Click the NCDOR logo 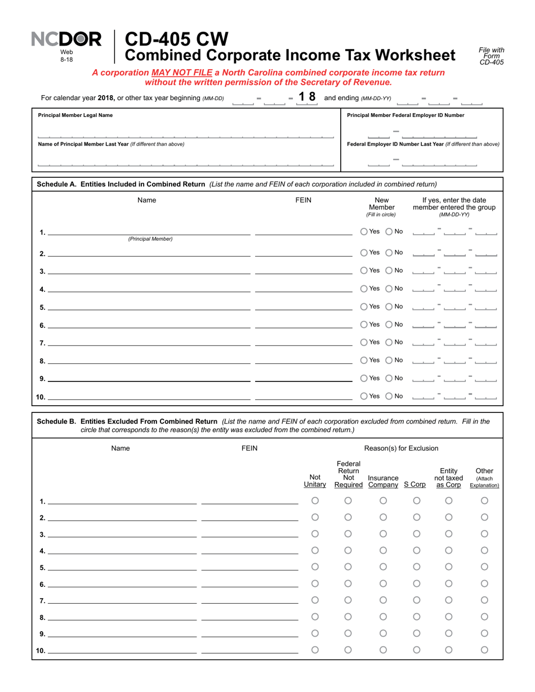pyautogui.click(x=66, y=39)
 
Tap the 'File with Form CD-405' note pyautogui.click(x=491, y=56)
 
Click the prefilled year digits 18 pyautogui.click(x=307, y=97)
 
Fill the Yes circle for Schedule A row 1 pyautogui.click(x=364, y=231)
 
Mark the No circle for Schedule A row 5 pyautogui.click(x=389, y=307)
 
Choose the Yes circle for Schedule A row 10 pyautogui.click(x=364, y=396)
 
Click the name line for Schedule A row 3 pyautogui.click(x=149, y=272)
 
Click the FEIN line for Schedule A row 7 pyautogui.click(x=303, y=343)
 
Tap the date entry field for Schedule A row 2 pyautogui.click(x=454, y=253)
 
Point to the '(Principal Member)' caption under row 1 pyautogui.click(x=150, y=239)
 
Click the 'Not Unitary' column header pyautogui.click(x=315, y=480)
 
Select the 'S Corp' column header pyautogui.click(x=415, y=484)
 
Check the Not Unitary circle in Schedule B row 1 pyautogui.click(x=315, y=501)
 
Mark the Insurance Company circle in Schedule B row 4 pyautogui.click(x=383, y=550)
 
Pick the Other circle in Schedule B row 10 pyautogui.click(x=484, y=650)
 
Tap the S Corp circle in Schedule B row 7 pyautogui.click(x=417, y=600)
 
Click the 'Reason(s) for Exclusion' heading pyautogui.click(x=401, y=448)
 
